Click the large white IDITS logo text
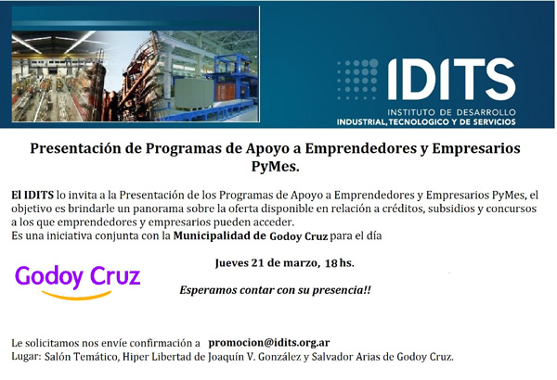[451, 79]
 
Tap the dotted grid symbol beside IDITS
[357, 79]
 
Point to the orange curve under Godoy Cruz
[76, 296]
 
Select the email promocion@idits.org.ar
[269, 343]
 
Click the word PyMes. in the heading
[276, 166]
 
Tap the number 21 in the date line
[257, 263]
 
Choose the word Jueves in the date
[231, 263]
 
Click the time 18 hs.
[340, 263]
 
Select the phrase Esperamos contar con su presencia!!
[276, 290]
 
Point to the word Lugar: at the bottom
[27, 356]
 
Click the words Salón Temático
[81, 357]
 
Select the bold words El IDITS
[32, 195]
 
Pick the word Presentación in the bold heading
[75, 148]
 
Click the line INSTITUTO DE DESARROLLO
[451, 112]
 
